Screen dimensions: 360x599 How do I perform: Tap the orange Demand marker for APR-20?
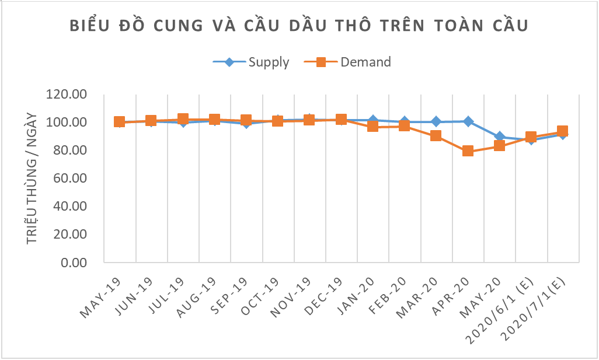(x=468, y=152)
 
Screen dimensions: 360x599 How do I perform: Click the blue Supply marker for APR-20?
(x=468, y=121)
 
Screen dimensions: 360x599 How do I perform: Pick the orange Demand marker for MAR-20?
(x=436, y=136)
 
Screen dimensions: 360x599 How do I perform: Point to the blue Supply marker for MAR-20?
(x=436, y=122)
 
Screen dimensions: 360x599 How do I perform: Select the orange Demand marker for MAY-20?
(x=499, y=146)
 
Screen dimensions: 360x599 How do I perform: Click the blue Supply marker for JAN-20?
(x=373, y=120)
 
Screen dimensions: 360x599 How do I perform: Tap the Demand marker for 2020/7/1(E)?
(x=563, y=132)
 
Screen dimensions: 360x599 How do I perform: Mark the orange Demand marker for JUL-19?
(x=183, y=120)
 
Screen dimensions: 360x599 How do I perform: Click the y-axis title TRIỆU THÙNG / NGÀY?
(x=33, y=179)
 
